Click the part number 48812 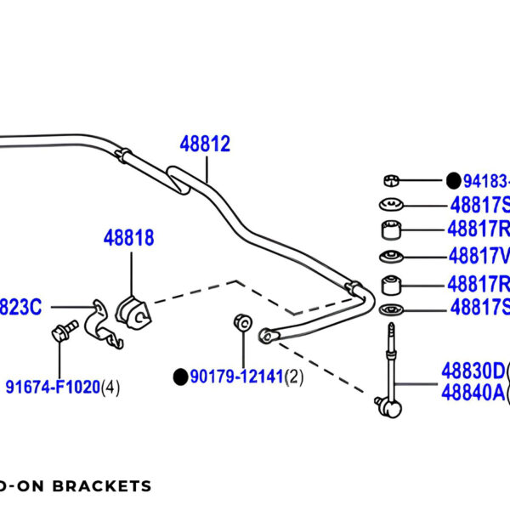click(x=205, y=144)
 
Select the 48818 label click(x=129, y=238)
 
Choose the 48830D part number click(x=473, y=371)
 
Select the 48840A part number click(x=473, y=393)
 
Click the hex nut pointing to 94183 click(x=390, y=179)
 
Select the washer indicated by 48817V click(x=391, y=257)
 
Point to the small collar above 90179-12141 click(x=241, y=322)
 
